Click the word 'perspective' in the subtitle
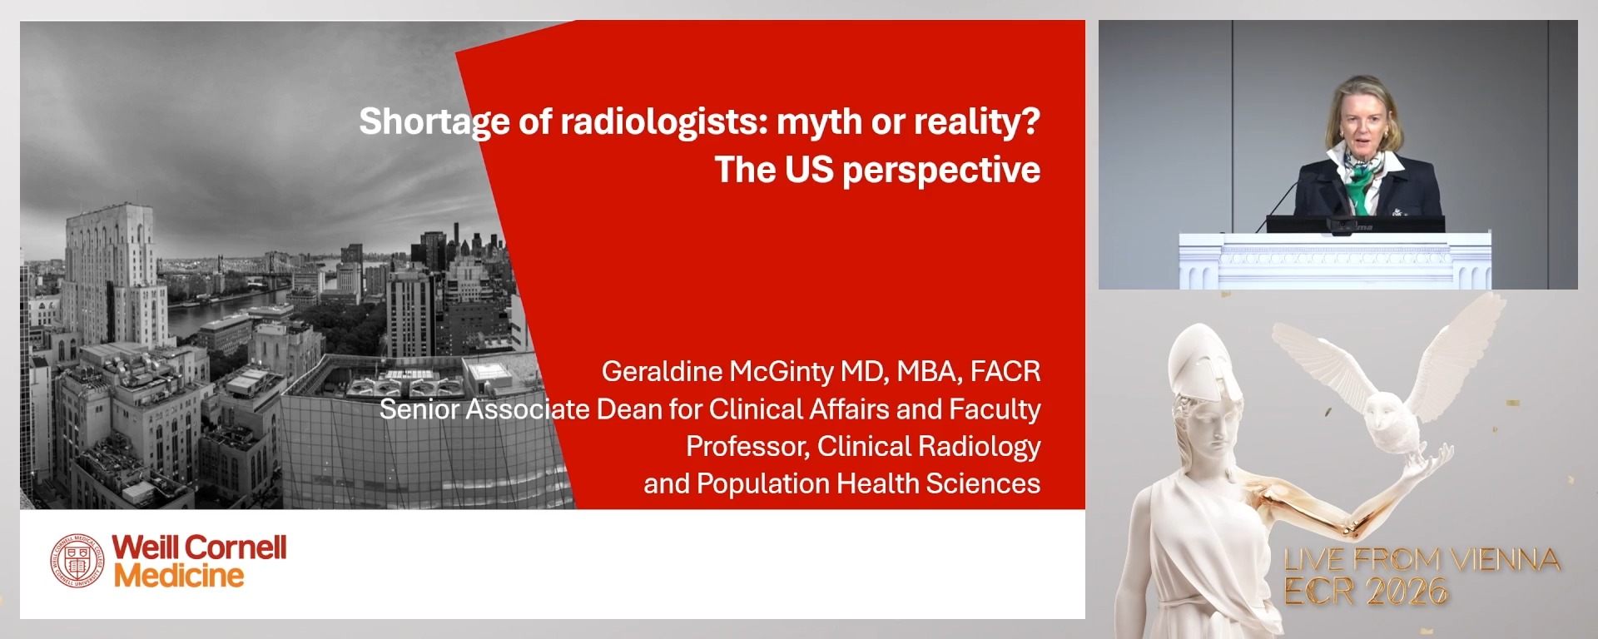[x=940, y=171]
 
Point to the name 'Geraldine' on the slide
[x=662, y=371]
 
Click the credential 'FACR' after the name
[x=1005, y=371]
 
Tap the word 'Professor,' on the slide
[x=747, y=447]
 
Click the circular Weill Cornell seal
[x=77, y=561]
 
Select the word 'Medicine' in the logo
[x=179, y=576]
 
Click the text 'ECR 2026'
[x=1366, y=592]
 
